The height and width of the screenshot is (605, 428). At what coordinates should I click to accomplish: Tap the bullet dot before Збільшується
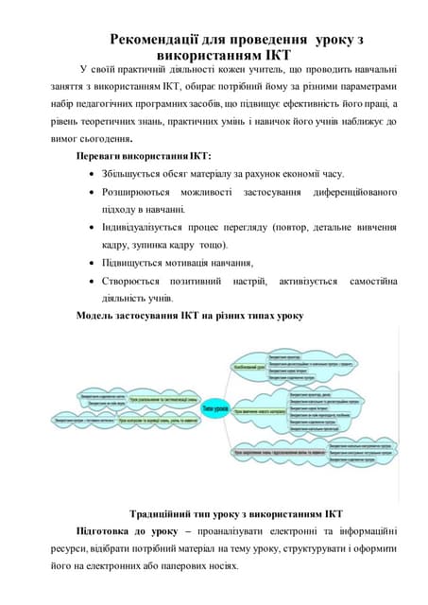pyautogui.click(x=90, y=174)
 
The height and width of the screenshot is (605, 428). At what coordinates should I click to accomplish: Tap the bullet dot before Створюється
pyautogui.click(x=90, y=282)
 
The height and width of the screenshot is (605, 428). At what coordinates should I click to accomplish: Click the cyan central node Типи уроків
pyautogui.click(x=214, y=407)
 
